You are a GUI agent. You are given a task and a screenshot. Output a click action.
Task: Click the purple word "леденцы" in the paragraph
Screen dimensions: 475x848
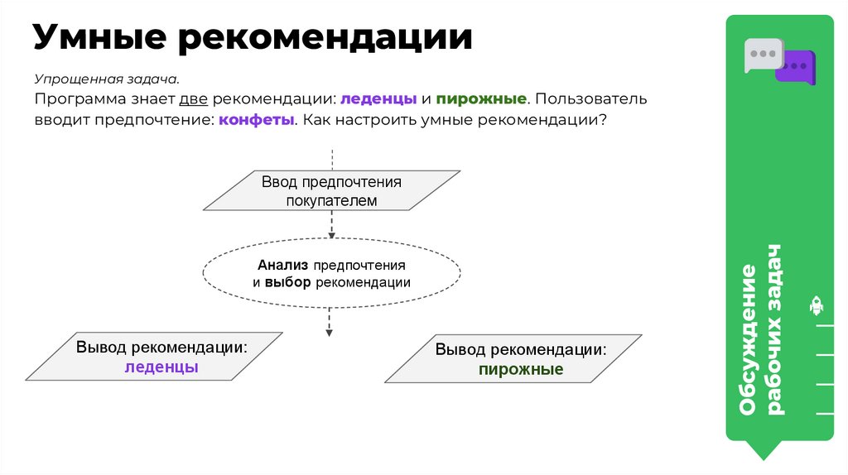[x=378, y=99]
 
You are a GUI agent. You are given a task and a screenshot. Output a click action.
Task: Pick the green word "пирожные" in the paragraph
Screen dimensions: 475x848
[x=481, y=99]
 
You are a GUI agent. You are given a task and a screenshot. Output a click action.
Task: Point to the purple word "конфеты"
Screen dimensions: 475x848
[x=257, y=120]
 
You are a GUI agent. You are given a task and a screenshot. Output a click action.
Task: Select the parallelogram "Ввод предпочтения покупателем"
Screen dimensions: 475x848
[x=331, y=191]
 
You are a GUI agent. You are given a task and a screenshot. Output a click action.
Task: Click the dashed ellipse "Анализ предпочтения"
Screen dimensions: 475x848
[x=331, y=273]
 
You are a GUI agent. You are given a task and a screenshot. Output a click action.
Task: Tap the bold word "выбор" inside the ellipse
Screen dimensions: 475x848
[x=287, y=282]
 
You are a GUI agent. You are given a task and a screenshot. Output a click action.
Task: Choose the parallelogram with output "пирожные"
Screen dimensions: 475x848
[x=513, y=358]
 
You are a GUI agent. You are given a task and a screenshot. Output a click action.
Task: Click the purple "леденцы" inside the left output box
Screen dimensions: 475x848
[x=161, y=367]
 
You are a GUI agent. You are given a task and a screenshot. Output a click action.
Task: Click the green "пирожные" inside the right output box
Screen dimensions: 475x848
[x=521, y=369]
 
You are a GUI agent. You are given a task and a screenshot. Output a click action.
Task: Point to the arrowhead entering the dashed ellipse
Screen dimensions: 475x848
[x=332, y=235]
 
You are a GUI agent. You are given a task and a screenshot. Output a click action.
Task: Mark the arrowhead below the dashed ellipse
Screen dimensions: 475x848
[x=330, y=332]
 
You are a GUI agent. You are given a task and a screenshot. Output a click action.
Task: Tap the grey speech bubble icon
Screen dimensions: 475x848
[x=761, y=54]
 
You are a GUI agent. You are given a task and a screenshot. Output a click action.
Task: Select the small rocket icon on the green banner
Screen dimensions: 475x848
[x=817, y=306]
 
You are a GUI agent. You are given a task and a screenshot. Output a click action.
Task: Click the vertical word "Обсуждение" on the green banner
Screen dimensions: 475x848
[x=748, y=339]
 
